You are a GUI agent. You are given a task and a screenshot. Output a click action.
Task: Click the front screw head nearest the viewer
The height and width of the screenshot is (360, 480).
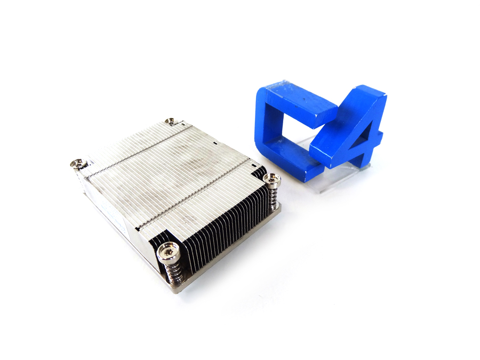click(x=167, y=249)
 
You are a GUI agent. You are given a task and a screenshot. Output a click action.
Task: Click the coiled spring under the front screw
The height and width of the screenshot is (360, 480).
click(x=172, y=271)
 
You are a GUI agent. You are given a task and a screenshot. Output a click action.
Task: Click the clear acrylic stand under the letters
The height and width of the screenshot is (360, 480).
click(x=341, y=173)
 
